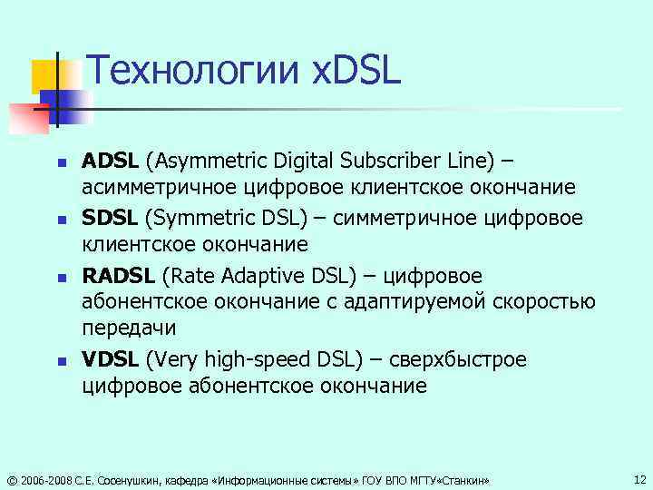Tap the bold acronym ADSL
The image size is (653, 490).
110,162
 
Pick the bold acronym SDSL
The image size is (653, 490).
110,219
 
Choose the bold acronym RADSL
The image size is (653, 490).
118,275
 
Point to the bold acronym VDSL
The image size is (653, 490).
110,359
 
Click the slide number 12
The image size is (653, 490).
640,478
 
